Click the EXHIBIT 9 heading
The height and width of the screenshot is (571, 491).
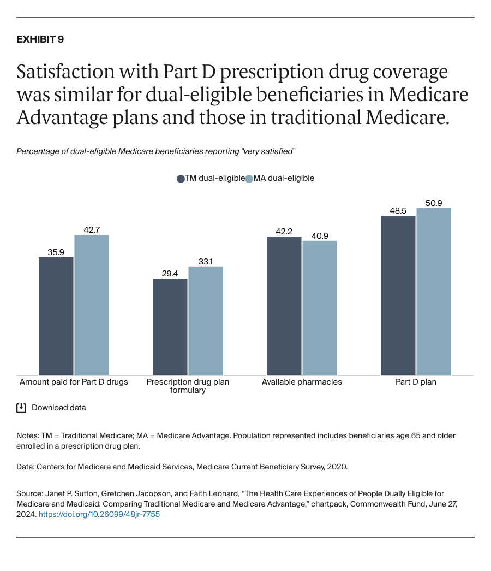coord(40,39)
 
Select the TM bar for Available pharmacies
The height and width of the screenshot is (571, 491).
coord(284,306)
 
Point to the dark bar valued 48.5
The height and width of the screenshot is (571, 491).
coord(398,295)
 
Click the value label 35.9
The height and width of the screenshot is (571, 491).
coord(56,252)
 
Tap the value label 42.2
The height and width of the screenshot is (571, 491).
coord(284,231)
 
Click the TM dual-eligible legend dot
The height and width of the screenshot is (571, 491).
coord(181,179)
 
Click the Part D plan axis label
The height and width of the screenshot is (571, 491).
coord(416,382)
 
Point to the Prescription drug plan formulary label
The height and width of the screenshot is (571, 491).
coord(188,386)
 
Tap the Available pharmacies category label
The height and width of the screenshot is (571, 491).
coord(302,382)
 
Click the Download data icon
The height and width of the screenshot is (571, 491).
coord(21,408)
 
